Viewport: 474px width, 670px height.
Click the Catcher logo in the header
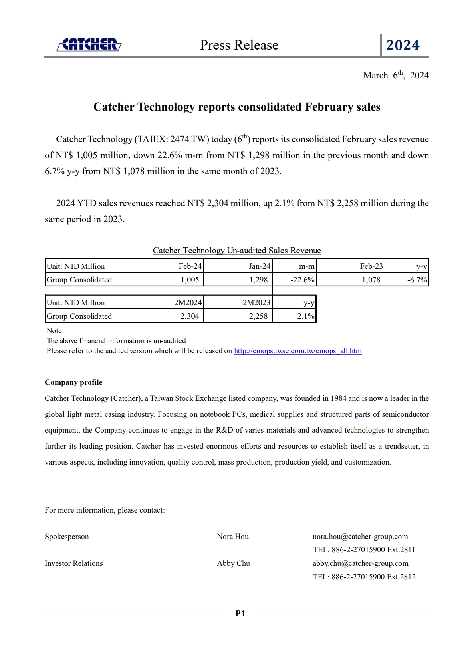(89, 44)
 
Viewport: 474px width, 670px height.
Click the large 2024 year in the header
(403, 45)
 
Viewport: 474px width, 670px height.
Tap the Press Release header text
(239, 45)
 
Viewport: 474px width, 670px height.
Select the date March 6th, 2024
(396, 75)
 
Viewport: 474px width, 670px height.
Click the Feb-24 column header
(190, 266)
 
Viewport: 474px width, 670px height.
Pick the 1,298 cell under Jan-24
(258, 280)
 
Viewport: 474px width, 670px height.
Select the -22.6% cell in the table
(302, 280)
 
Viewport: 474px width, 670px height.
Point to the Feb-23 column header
(371, 266)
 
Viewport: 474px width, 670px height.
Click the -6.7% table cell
(417, 280)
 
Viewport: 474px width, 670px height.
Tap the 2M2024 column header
(188, 302)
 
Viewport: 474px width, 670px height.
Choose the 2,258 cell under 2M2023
(258, 316)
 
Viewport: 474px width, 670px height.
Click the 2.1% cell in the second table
(305, 316)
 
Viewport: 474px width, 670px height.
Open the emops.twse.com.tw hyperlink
(297, 351)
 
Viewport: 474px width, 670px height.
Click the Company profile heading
(73, 382)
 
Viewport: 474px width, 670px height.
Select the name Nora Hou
(233, 537)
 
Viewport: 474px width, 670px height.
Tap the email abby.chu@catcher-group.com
(360, 563)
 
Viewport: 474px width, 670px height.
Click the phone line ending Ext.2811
(364, 550)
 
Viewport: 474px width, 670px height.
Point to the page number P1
(240, 614)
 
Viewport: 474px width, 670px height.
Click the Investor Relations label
(74, 563)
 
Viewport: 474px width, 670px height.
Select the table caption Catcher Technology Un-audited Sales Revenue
(237, 251)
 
